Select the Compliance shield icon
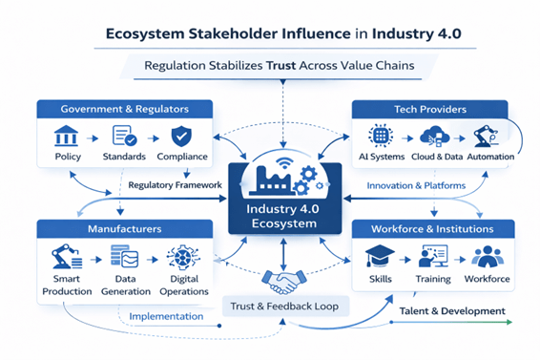(181, 135)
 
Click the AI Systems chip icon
(383, 135)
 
